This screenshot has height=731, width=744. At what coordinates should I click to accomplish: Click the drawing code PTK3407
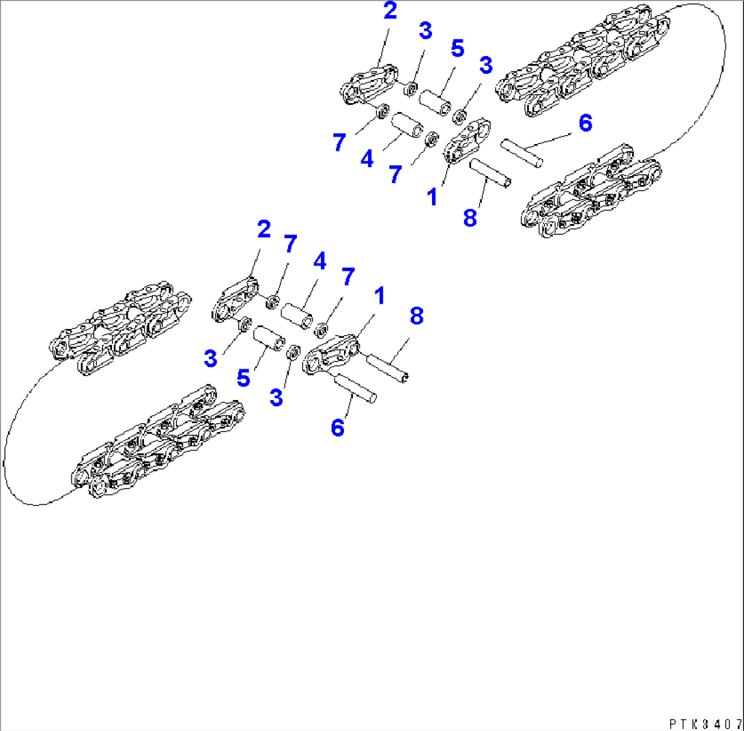tap(706, 724)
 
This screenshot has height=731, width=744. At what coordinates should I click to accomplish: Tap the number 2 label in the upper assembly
tap(390, 11)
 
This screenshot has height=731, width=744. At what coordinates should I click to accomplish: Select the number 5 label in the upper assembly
tap(457, 48)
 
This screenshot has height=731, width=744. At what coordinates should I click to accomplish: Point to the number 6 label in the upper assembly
tap(586, 124)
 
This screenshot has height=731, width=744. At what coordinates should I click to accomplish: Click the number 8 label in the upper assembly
tap(470, 218)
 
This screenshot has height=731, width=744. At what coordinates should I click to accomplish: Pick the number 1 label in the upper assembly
tap(432, 197)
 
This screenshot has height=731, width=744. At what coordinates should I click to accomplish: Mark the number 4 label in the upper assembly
tap(367, 159)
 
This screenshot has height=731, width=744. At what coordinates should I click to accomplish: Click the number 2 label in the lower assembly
tap(264, 229)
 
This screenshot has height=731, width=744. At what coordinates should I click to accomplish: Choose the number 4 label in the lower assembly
tap(320, 261)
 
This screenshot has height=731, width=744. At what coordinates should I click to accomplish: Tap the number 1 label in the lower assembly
tap(380, 296)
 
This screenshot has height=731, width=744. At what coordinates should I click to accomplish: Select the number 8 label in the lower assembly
tap(416, 316)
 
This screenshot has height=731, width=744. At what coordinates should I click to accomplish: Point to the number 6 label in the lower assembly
tap(337, 428)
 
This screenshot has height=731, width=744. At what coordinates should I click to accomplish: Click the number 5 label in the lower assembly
tap(244, 379)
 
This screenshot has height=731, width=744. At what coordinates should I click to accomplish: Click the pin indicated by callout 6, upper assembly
tap(522, 153)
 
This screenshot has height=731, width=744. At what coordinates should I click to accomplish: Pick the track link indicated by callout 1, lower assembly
tap(330, 354)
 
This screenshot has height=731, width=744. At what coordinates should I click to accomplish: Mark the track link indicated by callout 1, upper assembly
tap(468, 141)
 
